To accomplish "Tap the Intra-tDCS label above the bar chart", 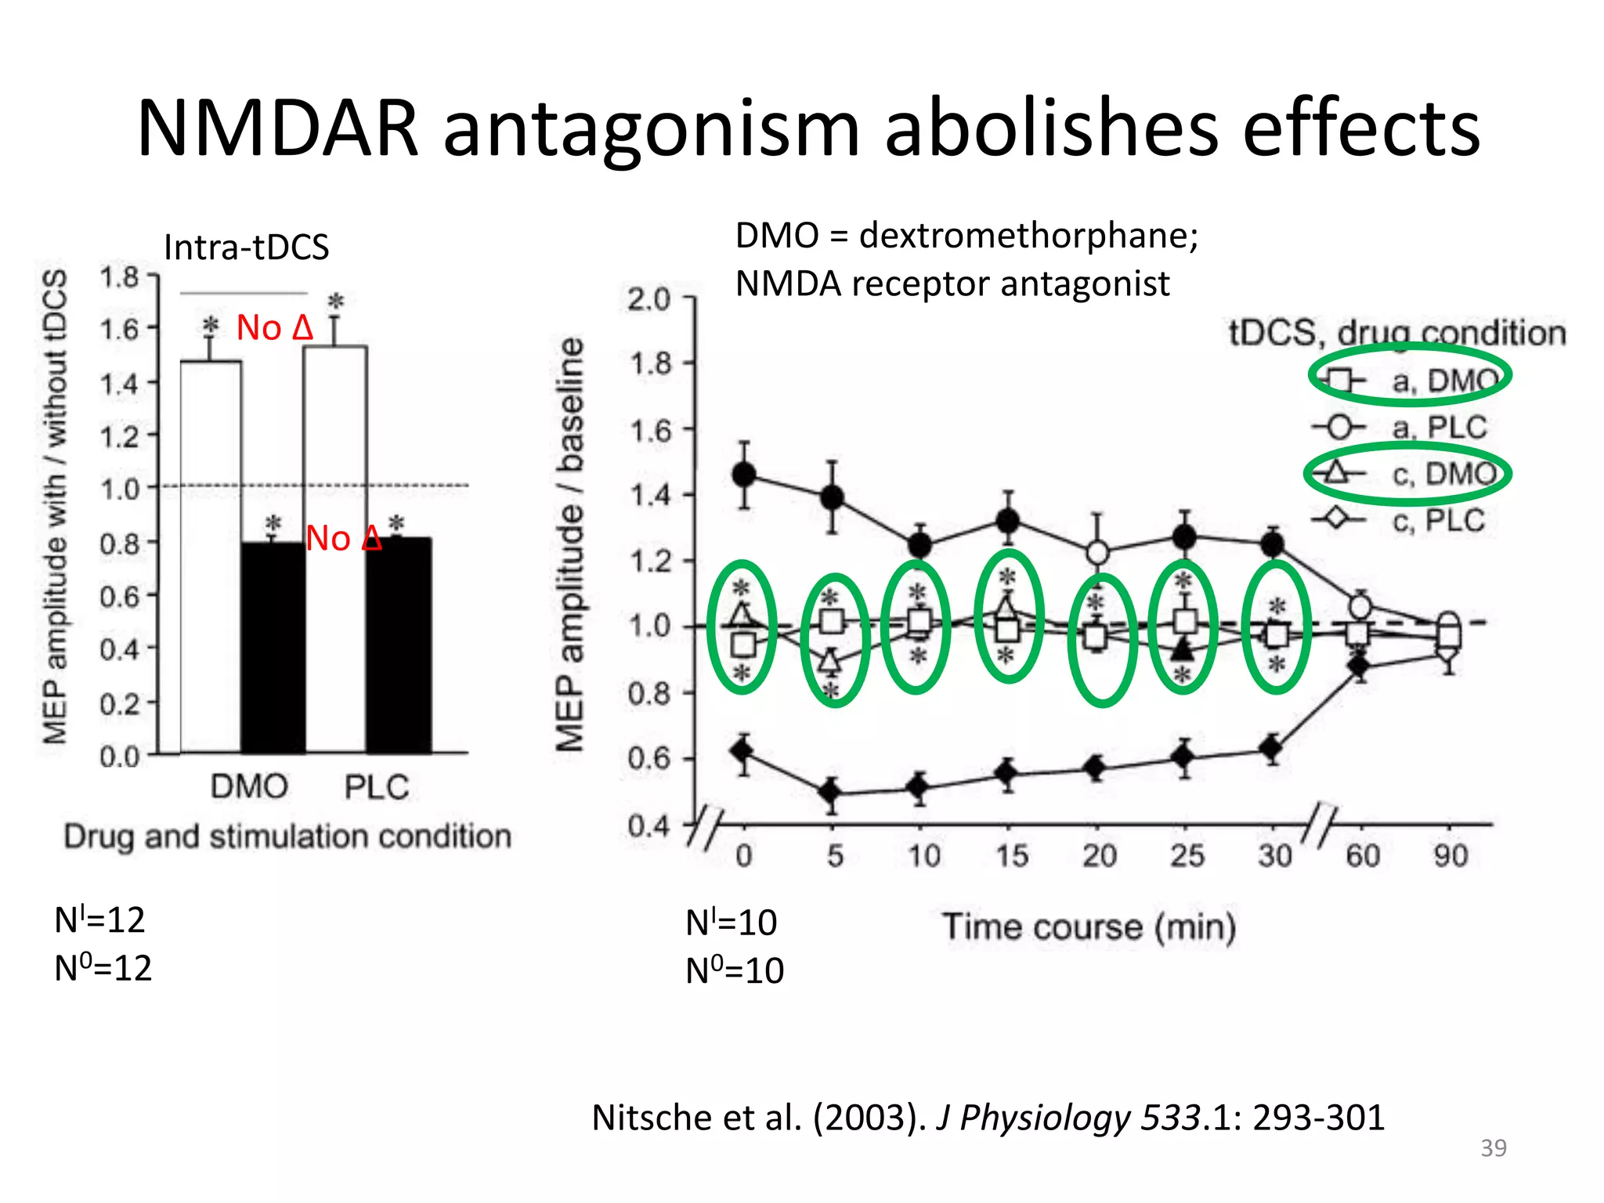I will (246, 247).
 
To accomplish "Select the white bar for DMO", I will (211, 556).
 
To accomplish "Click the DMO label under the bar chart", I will (249, 786).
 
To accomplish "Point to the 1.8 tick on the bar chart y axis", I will (119, 277).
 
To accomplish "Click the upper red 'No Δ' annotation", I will (274, 327).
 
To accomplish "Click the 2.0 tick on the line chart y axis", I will (648, 298).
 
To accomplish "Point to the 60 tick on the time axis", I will (1362, 855).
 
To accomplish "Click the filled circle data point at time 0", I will (744, 475).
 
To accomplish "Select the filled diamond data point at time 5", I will (831, 793).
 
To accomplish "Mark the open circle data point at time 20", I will (1098, 553).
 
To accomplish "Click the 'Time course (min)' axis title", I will (1089, 927).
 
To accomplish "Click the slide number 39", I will (1493, 1147).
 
